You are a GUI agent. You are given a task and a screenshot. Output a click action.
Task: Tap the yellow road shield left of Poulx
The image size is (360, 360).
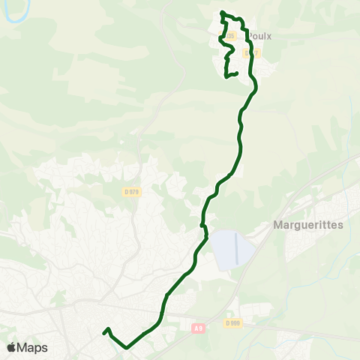230,35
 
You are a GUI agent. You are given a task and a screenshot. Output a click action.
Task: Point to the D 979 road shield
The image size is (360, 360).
132,191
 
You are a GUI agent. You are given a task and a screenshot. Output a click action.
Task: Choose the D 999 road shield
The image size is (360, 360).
232,322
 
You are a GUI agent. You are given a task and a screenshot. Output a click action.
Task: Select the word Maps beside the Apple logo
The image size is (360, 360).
33,347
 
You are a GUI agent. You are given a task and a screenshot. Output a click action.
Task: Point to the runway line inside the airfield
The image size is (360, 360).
237,248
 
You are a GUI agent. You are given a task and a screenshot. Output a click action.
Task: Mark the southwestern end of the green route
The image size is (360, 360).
103,331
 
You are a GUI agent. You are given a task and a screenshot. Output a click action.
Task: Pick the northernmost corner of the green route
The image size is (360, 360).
222,12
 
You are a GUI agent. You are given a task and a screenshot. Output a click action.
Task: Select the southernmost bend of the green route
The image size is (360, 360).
126,347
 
